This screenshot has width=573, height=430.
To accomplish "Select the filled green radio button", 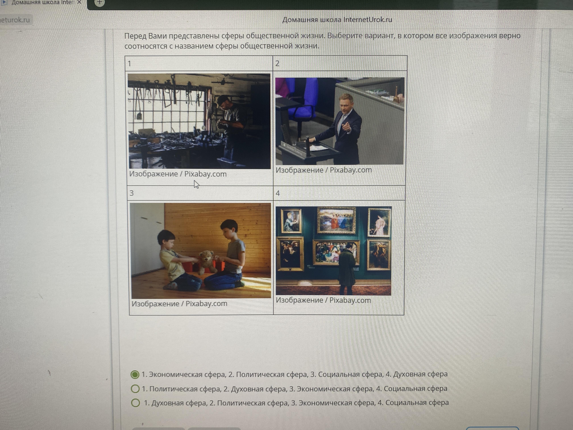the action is (x=135, y=375).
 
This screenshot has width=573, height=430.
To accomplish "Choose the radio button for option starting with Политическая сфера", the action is (x=135, y=389).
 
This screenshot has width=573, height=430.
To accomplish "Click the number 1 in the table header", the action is (x=129, y=64).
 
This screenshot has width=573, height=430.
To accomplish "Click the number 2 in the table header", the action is (x=277, y=64).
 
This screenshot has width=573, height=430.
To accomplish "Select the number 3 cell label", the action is (x=132, y=193).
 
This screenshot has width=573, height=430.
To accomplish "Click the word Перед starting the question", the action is (x=135, y=36).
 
